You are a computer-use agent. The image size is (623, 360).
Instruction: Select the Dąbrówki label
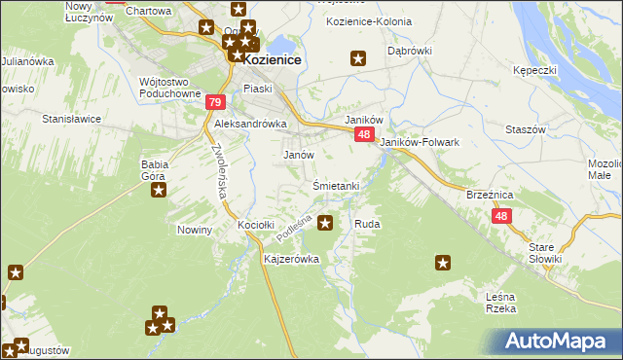pos(409,50)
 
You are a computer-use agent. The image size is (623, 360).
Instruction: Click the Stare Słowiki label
pos(546,253)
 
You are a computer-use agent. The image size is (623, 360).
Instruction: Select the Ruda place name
pos(367,224)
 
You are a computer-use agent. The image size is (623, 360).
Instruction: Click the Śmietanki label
pos(337,185)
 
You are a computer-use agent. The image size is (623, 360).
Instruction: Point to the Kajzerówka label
pos(292,260)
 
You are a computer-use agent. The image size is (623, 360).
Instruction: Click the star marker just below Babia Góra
pos(158,191)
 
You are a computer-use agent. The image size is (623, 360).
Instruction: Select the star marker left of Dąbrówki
pos(358,58)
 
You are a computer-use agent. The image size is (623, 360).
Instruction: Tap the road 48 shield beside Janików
pos(363,135)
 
